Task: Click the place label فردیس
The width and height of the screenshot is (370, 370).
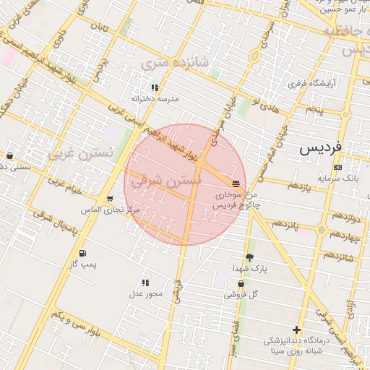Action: click(x=321, y=149)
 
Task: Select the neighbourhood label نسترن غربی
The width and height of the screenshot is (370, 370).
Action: click(x=81, y=154)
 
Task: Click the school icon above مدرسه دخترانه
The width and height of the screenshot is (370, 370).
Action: click(x=155, y=87)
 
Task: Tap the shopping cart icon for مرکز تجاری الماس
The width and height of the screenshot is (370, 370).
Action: click(x=109, y=199)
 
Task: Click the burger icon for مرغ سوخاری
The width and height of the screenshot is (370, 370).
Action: click(x=236, y=184)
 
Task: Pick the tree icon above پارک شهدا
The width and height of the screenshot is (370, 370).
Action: click(x=250, y=257)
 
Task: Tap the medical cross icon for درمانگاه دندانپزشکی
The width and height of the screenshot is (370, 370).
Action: click(x=297, y=330)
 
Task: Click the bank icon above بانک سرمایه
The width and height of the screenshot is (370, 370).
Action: click(x=337, y=167)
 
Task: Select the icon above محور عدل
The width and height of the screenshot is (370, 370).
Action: click(x=145, y=283)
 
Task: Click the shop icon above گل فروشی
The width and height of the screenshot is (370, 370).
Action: click(x=241, y=284)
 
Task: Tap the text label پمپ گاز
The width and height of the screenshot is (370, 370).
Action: click(x=83, y=264)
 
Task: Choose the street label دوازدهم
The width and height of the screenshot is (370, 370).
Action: click(x=339, y=218)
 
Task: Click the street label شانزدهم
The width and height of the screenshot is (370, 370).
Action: click(x=338, y=257)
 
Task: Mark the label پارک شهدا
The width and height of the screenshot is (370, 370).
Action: click(x=250, y=269)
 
